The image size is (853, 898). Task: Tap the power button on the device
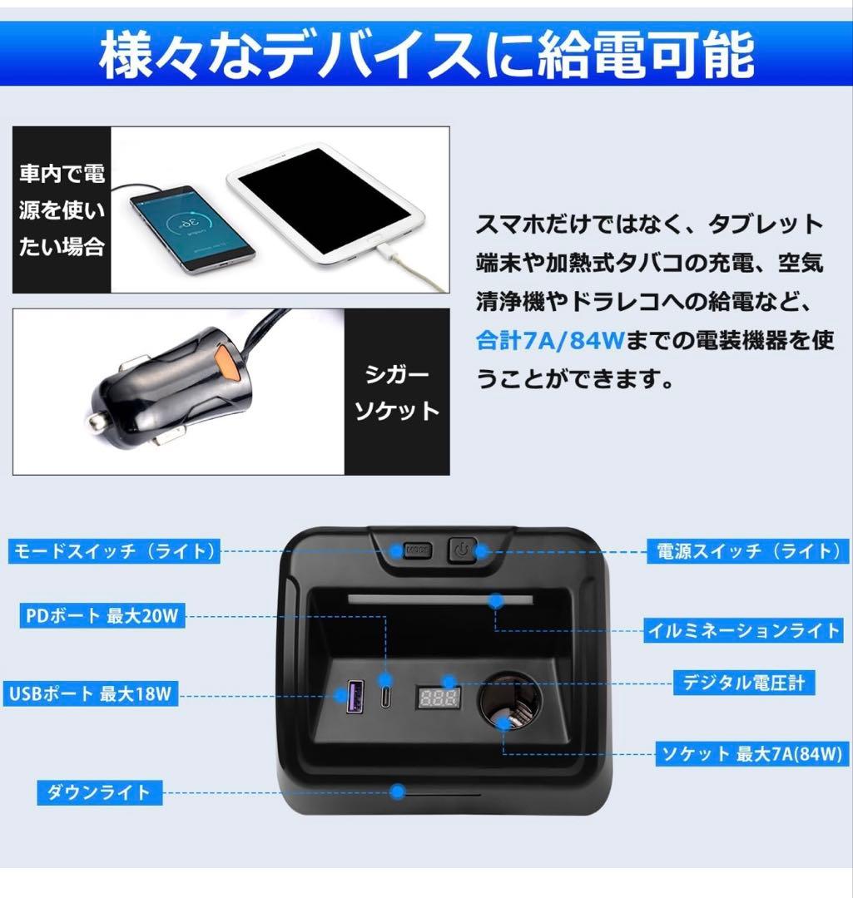coord(463,550)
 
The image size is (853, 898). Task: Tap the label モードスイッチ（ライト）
coord(114,551)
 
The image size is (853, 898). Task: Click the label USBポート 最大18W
coord(92,693)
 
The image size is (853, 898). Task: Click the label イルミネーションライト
coord(745,631)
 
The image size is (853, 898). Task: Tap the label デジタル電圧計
coord(744,683)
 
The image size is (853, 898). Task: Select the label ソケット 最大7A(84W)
coord(751,754)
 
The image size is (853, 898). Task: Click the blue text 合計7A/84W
coord(539,340)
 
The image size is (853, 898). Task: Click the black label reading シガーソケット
coord(397,392)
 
